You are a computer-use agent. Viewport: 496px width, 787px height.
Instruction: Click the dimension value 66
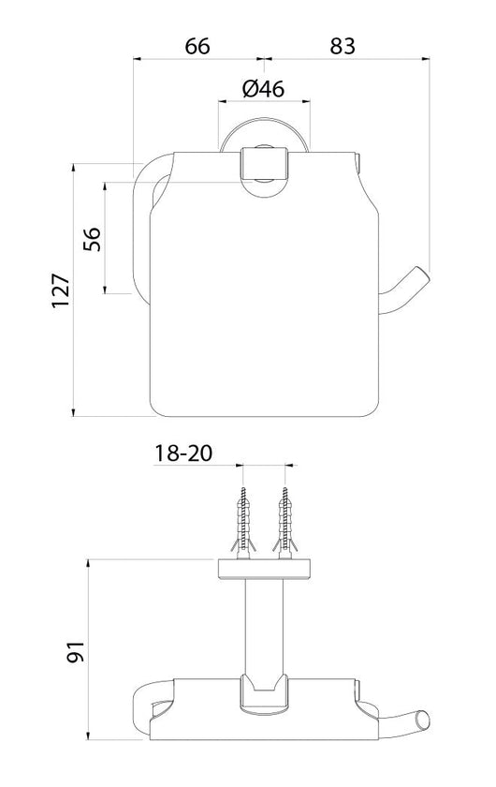click(x=197, y=45)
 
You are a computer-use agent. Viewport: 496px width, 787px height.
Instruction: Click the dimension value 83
click(x=343, y=45)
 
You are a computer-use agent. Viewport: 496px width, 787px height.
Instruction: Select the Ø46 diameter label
click(x=263, y=89)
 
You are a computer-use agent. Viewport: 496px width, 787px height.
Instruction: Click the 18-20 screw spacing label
click(x=184, y=453)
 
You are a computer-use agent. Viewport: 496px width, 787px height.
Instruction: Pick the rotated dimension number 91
click(x=77, y=651)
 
